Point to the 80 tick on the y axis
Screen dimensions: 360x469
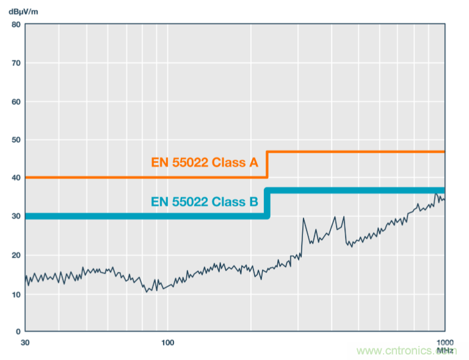[x=15, y=25]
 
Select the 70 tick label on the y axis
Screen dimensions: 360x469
[x=15, y=63]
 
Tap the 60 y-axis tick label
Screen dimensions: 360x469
[x=15, y=101]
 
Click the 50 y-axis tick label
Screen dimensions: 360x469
[x=15, y=140]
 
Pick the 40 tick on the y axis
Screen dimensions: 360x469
[x=15, y=178]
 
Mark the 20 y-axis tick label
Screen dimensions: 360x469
[x=15, y=255]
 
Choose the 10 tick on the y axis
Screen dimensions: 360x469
[x=15, y=293]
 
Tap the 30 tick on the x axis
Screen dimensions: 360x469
[x=25, y=342]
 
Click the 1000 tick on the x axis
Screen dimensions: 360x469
[x=443, y=342]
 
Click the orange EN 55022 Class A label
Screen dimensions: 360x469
[x=205, y=164]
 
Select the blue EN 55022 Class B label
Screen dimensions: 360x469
[x=204, y=202]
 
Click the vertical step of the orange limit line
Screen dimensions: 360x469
[x=267, y=164]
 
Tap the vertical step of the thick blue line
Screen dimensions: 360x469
[x=267, y=203]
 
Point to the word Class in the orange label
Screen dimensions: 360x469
[x=230, y=164]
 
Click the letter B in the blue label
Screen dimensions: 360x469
[x=253, y=202]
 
